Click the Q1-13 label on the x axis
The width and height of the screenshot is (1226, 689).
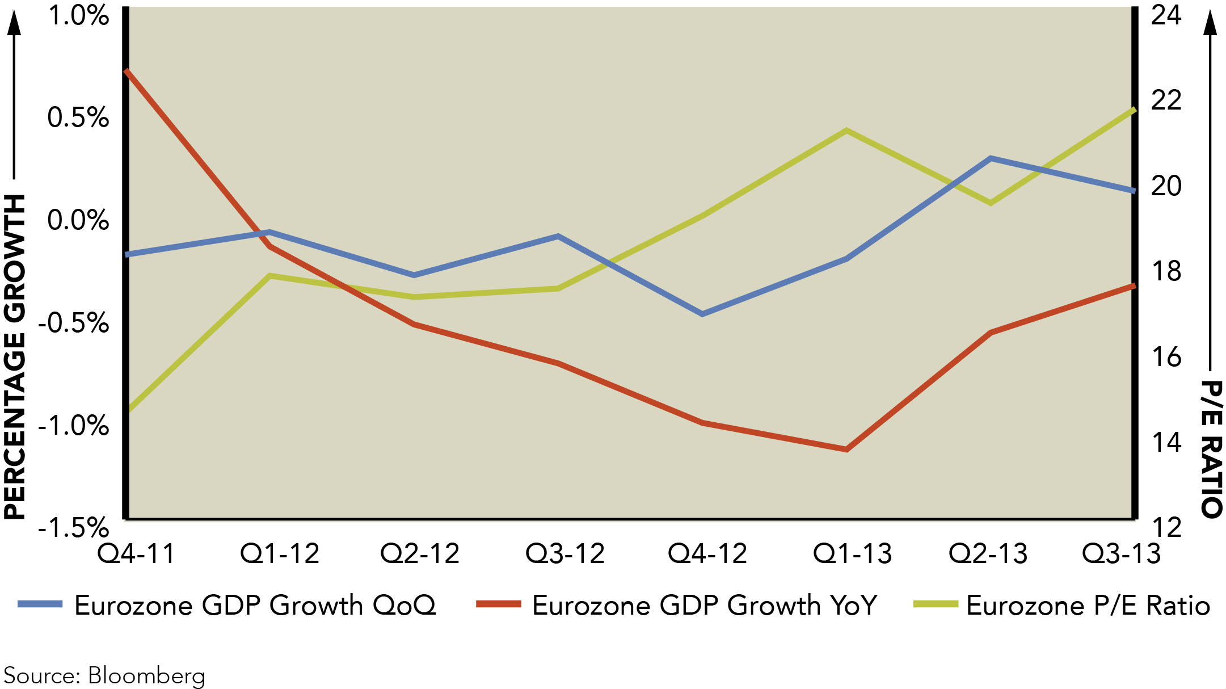click(x=852, y=553)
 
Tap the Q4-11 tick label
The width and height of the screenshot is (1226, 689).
click(x=137, y=553)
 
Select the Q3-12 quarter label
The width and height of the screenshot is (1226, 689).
click(x=565, y=553)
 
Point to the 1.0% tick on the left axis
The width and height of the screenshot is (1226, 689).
click(x=78, y=15)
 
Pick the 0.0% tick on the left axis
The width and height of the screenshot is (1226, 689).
click(x=78, y=220)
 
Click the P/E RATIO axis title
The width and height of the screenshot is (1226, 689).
click(x=1211, y=448)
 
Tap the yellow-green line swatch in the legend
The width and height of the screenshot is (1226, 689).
click(x=936, y=604)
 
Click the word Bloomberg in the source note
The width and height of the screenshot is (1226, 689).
click(x=146, y=676)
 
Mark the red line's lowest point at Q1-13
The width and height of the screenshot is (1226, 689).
click(x=846, y=449)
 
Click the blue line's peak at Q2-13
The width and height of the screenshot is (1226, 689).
click(x=991, y=158)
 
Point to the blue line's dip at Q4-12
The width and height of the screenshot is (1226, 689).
click(x=702, y=314)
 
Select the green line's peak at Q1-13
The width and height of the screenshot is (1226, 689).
click(x=846, y=131)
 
